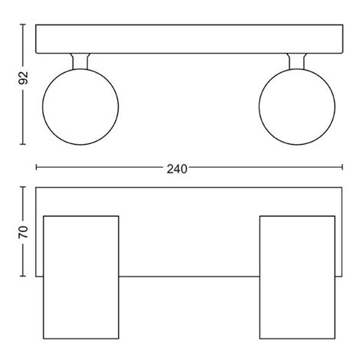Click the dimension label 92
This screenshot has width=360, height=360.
(24, 78)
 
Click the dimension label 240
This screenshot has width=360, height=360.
(177, 169)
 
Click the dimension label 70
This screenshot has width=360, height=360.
(23, 232)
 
